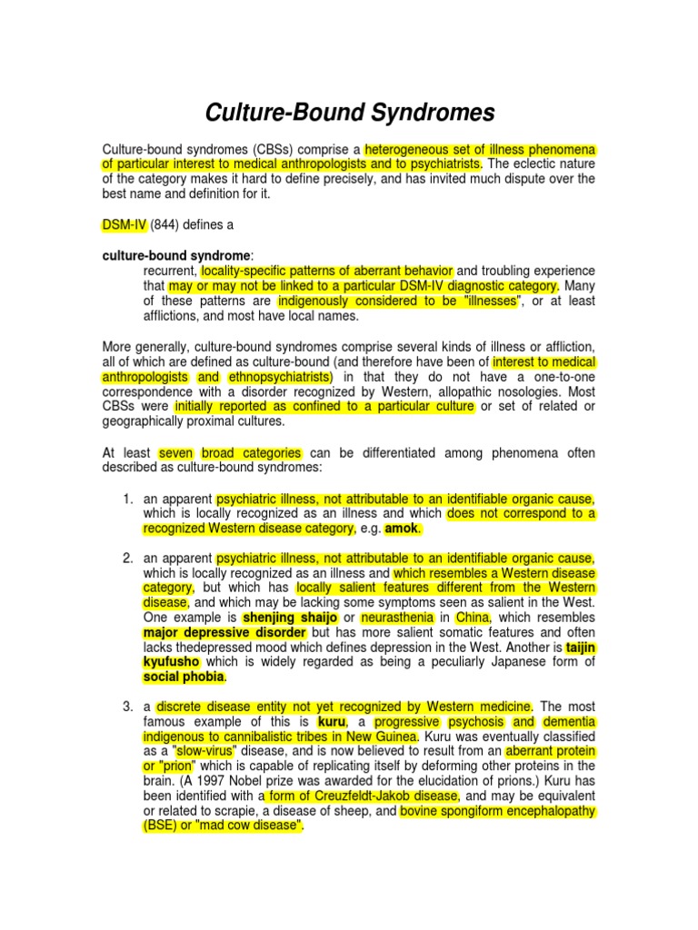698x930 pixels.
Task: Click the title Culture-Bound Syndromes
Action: (x=349, y=113)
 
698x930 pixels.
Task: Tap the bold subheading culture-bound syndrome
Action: (x=176, y=256)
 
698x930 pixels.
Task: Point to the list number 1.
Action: (x=126, y=499)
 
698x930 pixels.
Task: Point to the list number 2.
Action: (x=126, y=558)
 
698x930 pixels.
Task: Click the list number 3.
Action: (x=126, y=706)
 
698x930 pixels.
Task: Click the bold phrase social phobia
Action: (x=184, y=676)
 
